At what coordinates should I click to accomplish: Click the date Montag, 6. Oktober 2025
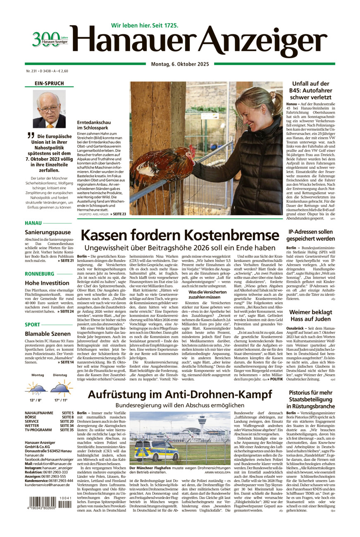pos(179,64)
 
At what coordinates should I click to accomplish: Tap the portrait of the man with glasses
pos(49,109)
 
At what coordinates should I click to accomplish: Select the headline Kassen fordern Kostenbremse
pos(180,235)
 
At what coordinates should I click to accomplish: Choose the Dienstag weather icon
pos(60,388)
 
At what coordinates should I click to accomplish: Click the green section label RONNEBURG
pos(39,274)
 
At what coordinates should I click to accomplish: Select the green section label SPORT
pos(33,325)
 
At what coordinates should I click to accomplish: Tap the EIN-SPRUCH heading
pos(49,83)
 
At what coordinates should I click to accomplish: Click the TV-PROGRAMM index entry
pos(38,430)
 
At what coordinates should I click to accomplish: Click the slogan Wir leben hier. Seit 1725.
pos(145,25)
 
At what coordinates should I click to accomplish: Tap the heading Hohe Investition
pos(47,283)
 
